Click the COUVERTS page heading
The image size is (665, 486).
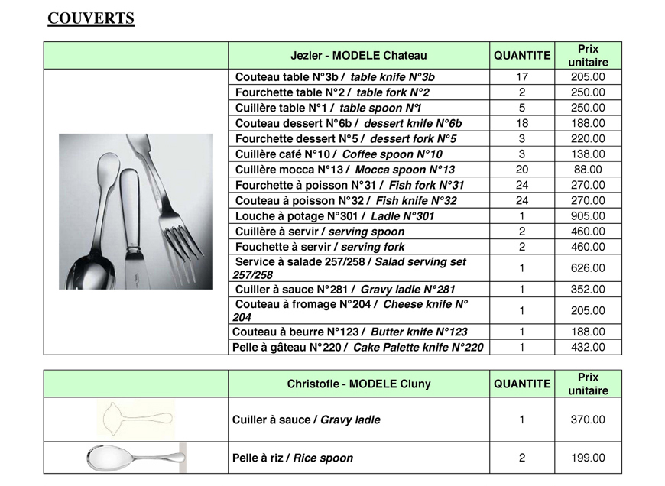[91, 19]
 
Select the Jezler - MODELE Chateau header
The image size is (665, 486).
[358, 56]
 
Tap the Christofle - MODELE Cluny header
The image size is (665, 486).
[358, 384]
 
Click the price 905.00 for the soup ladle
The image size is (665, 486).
[588, 216]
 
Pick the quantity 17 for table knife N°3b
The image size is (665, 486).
[522, 77]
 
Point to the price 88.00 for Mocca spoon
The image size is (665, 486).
[588, 170]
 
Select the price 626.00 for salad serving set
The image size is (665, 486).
[588, 268]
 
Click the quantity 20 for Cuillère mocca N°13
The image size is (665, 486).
[522, 170]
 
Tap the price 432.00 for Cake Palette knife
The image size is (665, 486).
[588, 347]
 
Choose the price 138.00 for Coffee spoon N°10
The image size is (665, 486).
[588, 154]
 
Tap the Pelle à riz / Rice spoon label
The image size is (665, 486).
[293, 458]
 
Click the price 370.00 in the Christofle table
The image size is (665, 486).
[588, 420]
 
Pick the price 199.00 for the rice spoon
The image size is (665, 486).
[588, 458]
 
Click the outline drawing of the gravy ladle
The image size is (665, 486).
[137, 418]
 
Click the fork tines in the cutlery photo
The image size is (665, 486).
[181, 237]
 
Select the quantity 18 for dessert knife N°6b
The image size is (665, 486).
[522, 124]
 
